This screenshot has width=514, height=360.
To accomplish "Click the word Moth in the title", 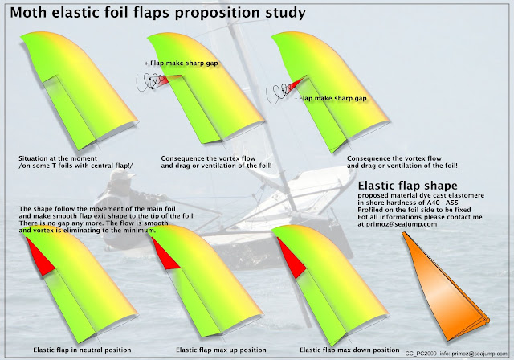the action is [29, 13].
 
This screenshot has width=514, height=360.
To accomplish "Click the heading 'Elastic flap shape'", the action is [407, 186].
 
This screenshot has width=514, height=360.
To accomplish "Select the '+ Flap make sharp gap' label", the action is [182, 63].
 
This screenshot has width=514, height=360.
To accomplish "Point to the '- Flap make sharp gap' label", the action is [331, 98].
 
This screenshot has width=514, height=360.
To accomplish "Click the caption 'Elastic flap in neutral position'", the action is [82, 350].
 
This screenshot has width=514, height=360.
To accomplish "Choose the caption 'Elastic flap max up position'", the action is [221, 350].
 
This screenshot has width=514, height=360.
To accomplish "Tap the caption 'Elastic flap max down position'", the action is [349, 350].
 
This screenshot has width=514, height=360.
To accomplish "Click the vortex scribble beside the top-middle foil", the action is [150, 82].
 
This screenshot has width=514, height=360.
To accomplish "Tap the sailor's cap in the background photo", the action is [122, 174].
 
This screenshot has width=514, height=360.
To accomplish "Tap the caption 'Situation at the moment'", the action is [58, 158].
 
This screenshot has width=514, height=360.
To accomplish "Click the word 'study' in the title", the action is [286, 14].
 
